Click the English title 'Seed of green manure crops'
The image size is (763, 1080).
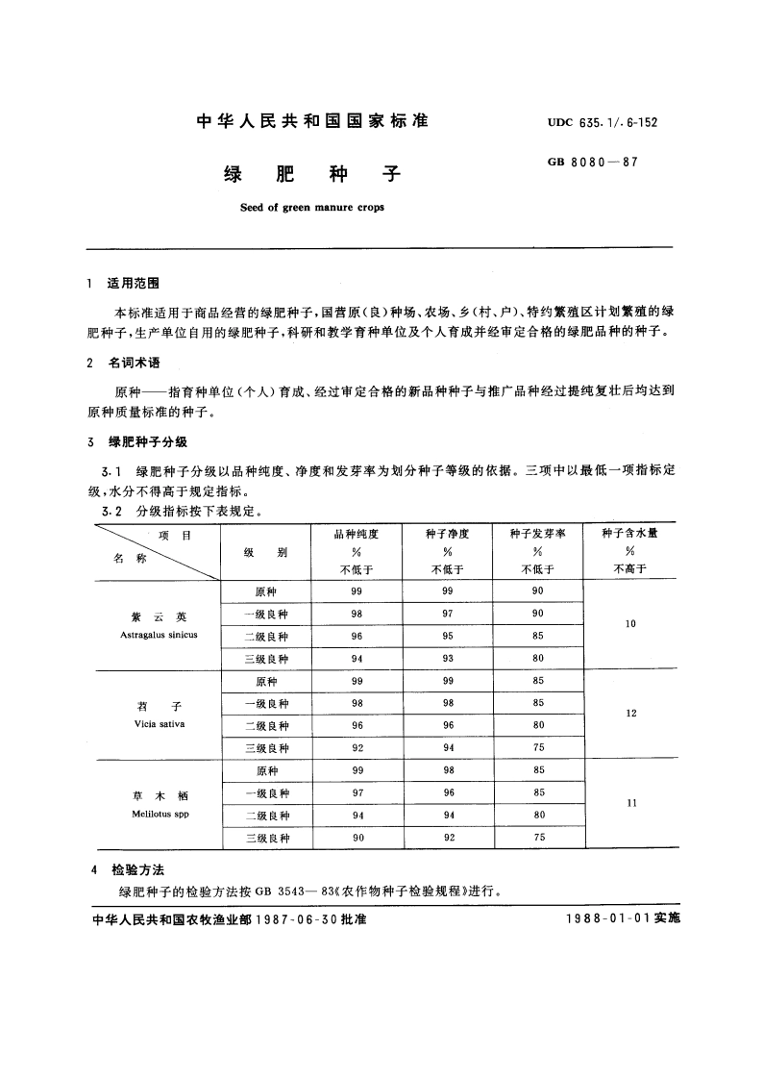[311, 207]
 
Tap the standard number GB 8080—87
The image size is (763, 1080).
[593, 163]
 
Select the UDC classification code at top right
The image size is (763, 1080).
[603, 123]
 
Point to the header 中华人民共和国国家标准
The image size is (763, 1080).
[311, 121]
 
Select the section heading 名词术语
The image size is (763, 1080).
[133, 364]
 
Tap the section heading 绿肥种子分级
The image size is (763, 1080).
[147, 441]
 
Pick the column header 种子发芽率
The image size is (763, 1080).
[538, 533]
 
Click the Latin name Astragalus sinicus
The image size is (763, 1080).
[160, 635]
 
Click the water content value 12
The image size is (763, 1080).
[630, 714]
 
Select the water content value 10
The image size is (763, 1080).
[630, 624]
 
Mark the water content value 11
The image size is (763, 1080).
[630, 803]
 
